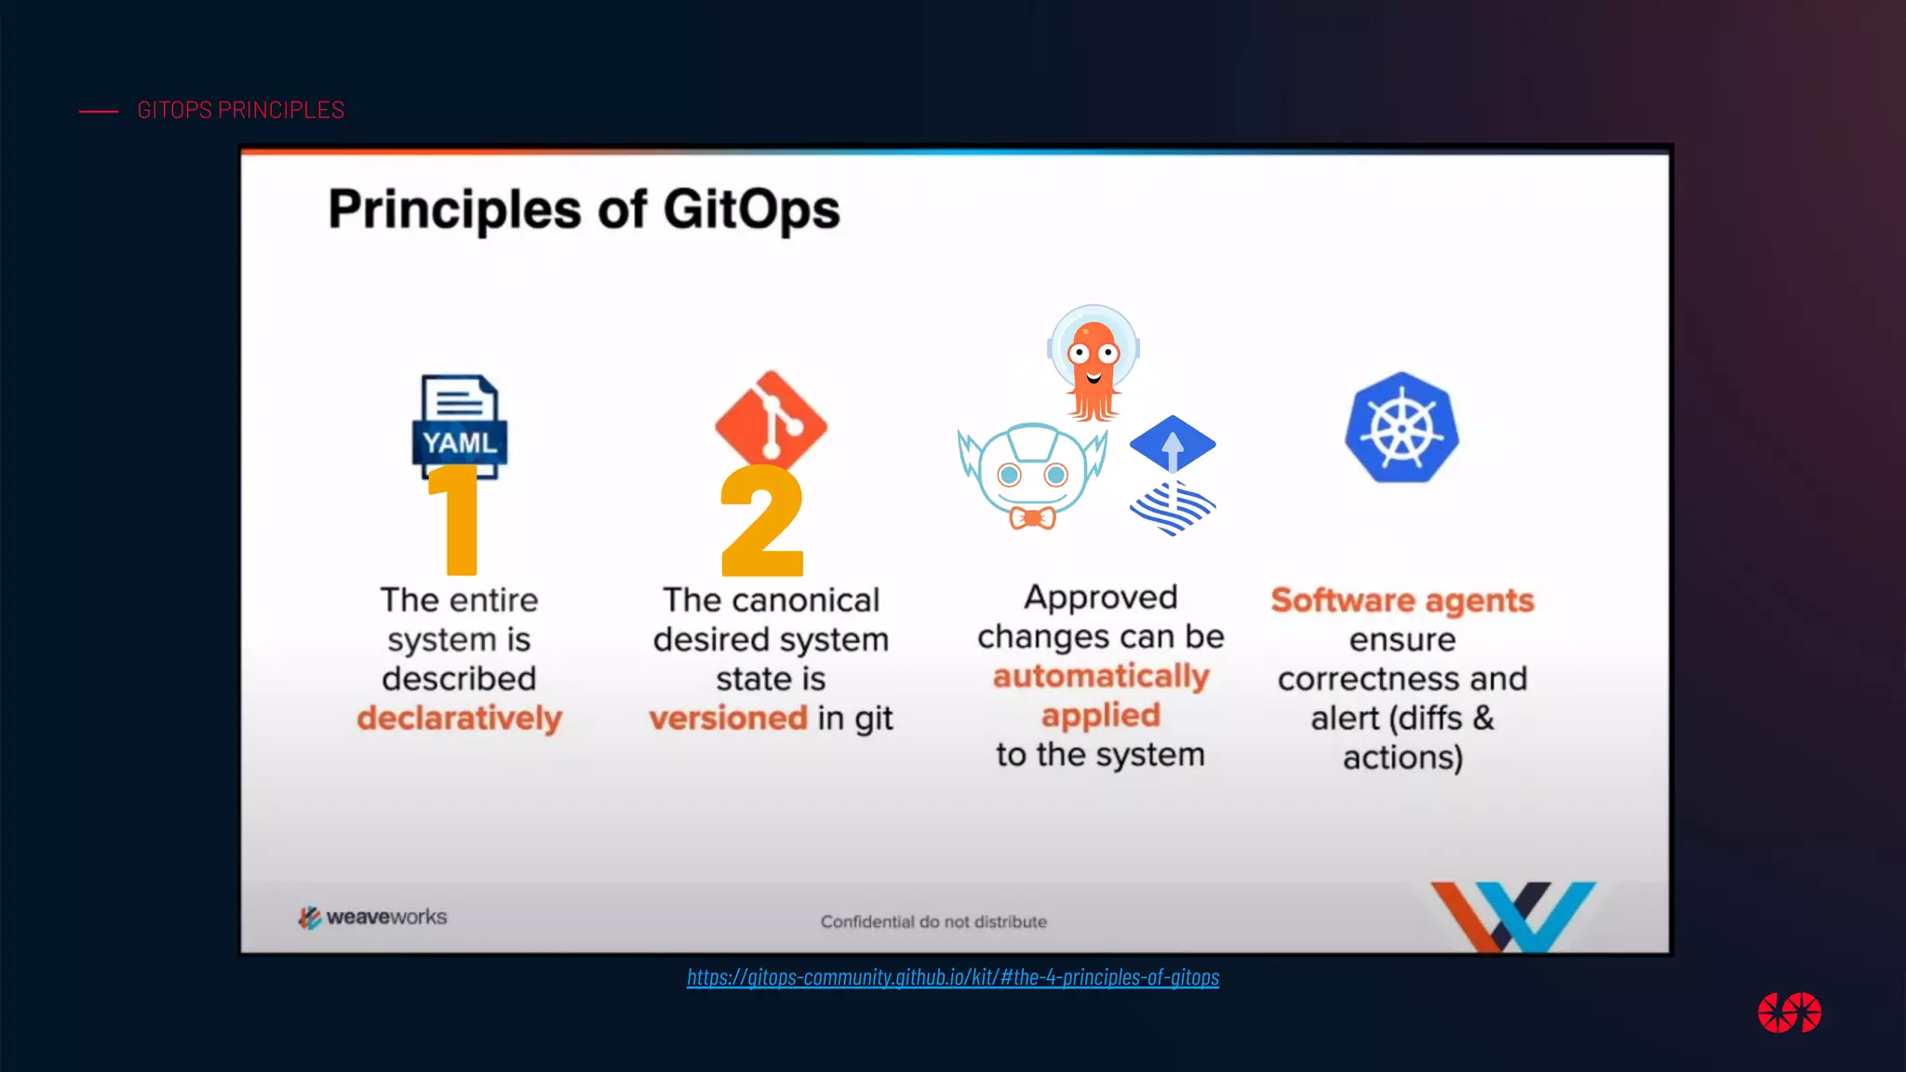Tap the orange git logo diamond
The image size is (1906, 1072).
coord(771,419)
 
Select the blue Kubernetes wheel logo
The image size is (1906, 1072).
coord(1402,428)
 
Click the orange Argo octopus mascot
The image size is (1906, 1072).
coord(1094,363)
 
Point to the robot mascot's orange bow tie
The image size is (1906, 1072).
coord(1032,517)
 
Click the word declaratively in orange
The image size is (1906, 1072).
coord(460,718)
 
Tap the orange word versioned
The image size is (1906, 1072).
coord(728,718)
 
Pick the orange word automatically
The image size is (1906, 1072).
coord(1101,676)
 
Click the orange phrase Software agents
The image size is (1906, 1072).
coord(1403,600)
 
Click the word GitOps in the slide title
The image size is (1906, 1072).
coord(751,208)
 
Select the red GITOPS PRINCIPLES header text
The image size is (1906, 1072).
coord(240,110)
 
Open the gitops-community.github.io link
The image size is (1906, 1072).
coord(953,977)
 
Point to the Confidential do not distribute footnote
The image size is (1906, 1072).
coord(933,921)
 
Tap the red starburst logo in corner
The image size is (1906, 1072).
coord(1789,1012)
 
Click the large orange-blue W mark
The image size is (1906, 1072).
coord(1513,916)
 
